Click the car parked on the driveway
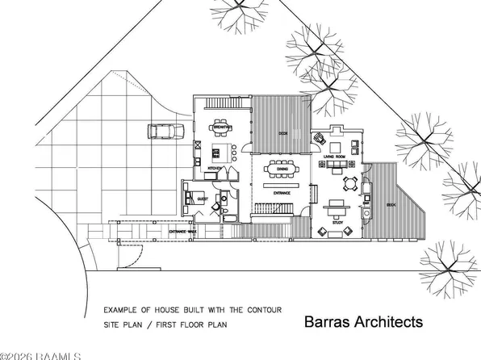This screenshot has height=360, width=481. [161, 131]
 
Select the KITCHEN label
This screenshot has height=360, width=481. [215, 168]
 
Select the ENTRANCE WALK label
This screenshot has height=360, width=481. [182, 232]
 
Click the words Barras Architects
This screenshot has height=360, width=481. [363, 322]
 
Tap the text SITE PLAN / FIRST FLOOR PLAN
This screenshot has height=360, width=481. [165, 324]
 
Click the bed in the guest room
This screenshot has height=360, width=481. [194, 196]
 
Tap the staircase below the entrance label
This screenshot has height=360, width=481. [274, 209]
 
